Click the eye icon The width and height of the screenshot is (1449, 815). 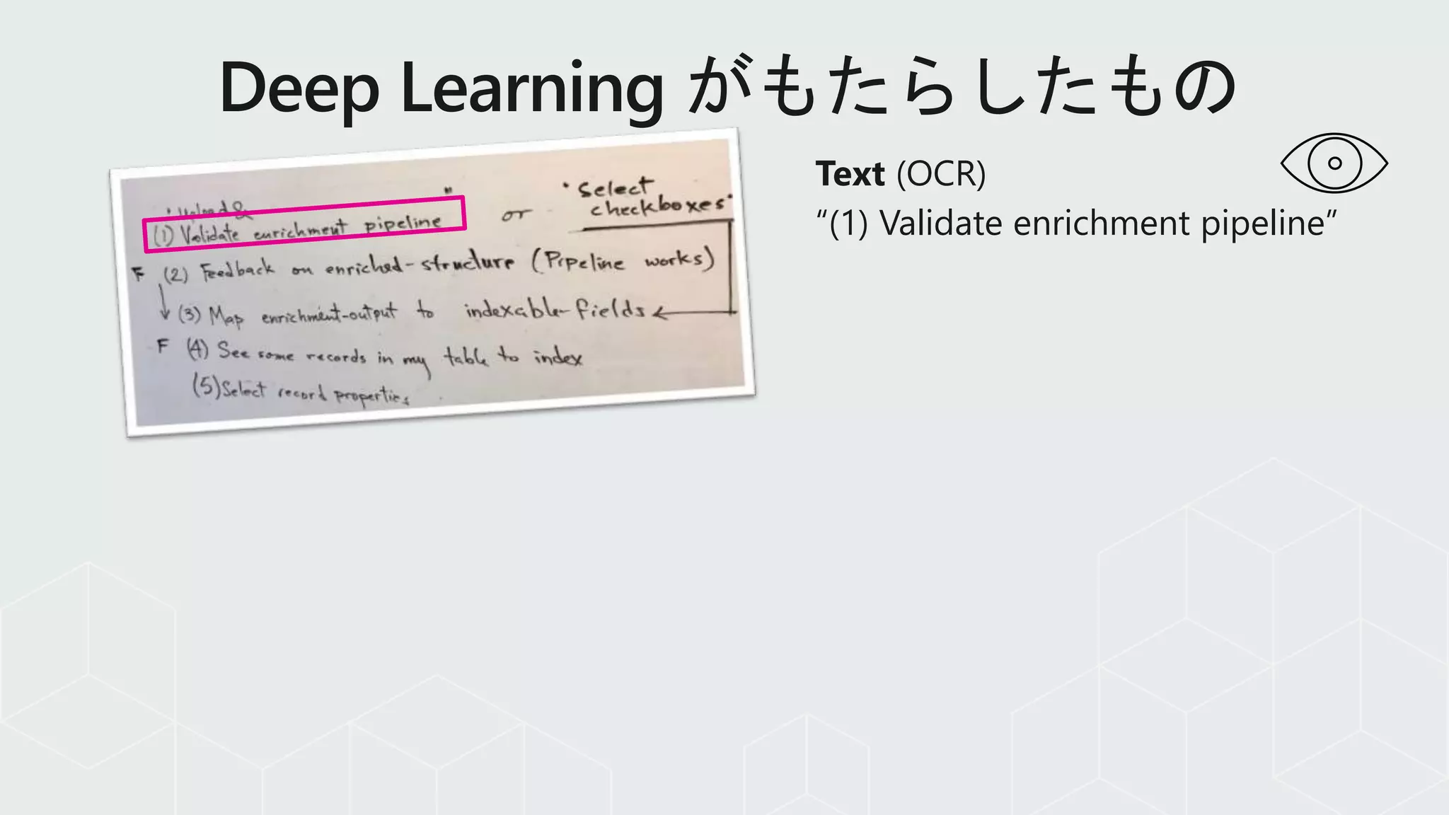click(x=1334, y=163)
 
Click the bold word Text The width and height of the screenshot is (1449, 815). click(x=850, y=174)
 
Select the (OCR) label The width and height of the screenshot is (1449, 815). click(x=941, y=174)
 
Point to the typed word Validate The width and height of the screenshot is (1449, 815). click(x=941, y=224)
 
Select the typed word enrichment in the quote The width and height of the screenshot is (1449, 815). click(x=1101, y=224)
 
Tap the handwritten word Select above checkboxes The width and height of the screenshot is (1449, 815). click(x=614, y=187)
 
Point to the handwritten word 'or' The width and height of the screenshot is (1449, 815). click(x=516, y=214)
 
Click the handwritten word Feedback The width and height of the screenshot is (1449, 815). click(x=237, y=270)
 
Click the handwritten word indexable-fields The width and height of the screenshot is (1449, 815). click(x=555, y=310)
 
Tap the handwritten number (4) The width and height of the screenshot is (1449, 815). click(x=197, y=348)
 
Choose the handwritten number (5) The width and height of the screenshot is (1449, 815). click(x=206, y=386)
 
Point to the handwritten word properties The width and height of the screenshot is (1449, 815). click(x=371, y=395)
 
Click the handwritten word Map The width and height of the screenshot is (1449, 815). click(x=226, y=316)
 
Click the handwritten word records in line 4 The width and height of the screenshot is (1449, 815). click(x=336, y=355)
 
